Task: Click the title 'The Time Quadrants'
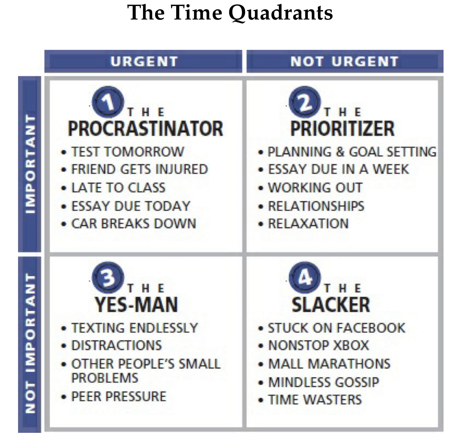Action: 230,13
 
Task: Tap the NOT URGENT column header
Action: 345,61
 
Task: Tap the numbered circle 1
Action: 108,102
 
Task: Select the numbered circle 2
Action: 305,102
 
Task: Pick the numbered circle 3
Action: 108,277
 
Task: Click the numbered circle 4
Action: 305,277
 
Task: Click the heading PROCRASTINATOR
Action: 146,128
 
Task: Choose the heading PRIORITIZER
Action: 342,128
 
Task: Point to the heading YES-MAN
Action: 136,304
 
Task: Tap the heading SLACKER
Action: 331,304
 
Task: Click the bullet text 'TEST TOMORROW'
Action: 128,152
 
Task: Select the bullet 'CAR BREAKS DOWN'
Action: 134,224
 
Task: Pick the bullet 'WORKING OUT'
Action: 315,188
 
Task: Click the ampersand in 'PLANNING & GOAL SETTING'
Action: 340,152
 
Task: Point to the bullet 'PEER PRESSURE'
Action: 119,397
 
